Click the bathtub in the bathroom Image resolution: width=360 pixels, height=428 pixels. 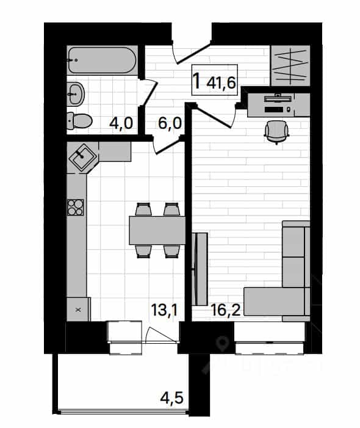click(102, 60)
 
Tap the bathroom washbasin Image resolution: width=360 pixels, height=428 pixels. click(75, 94)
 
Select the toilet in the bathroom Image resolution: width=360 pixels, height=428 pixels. click(79, 121)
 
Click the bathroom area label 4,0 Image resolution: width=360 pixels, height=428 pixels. click(121, 123)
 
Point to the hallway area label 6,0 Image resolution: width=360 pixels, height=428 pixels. click(170, 123)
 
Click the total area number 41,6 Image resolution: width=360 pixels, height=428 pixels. click(221, 82)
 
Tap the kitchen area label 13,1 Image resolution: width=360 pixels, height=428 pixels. click(164, 310)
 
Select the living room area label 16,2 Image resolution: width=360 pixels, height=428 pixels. click(226, 310)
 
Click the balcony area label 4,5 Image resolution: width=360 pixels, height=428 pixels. click(171, 398)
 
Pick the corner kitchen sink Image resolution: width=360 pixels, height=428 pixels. click(82, 158)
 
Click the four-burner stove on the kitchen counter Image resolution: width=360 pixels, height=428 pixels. click(76, 208)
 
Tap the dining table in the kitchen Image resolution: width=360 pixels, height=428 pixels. click(157, 230)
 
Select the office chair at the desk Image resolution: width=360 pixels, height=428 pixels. click(276, 132)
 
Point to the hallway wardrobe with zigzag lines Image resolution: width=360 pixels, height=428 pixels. click(290, 66)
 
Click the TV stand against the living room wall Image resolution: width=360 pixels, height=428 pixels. click(200, 269)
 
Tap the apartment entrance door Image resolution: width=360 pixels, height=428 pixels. click(192, 52)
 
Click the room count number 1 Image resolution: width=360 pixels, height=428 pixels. click(197, 81)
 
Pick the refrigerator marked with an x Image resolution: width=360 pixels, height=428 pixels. click(79, 310)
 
